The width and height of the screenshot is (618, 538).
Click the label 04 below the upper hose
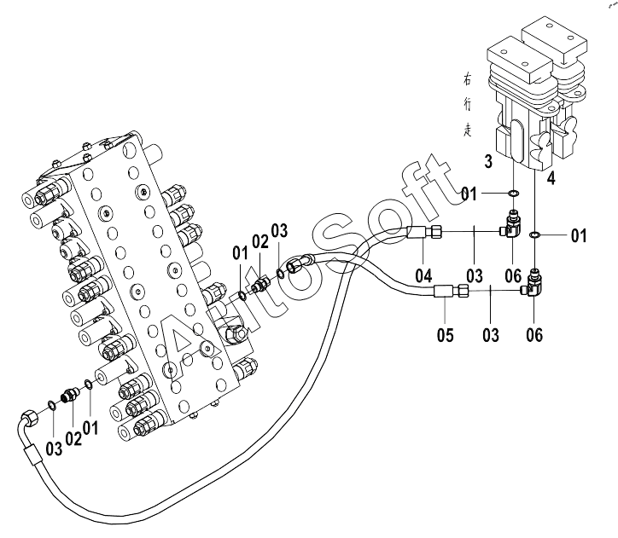[423, 275]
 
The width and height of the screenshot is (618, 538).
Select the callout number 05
[445, 335]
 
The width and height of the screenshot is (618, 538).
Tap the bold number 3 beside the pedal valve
[488, 161]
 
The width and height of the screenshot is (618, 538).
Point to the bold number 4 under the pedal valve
[551, 178]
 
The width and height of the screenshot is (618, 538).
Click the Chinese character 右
[467, 80]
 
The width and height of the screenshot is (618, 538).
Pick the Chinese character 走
[468, 130]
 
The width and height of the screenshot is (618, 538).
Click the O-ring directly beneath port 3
[514, 194]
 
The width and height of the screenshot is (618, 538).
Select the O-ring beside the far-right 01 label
[534, 235]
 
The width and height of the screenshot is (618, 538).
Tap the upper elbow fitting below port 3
[511, 225]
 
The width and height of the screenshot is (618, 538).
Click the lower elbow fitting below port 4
[531, 283]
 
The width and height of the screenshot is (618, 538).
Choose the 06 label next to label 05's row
[534, 335]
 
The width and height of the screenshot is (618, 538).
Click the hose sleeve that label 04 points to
[417, 232]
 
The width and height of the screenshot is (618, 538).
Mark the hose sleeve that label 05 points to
[444, 292]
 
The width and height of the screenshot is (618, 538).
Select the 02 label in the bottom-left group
[73, 438]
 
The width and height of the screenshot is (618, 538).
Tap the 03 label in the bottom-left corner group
[54, 448]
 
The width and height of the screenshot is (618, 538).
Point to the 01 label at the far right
[578, 235]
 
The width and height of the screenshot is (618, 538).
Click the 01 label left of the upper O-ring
[469, 194]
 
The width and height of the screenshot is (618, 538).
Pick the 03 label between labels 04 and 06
[475, 275]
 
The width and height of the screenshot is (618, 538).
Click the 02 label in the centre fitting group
[260, 241]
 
